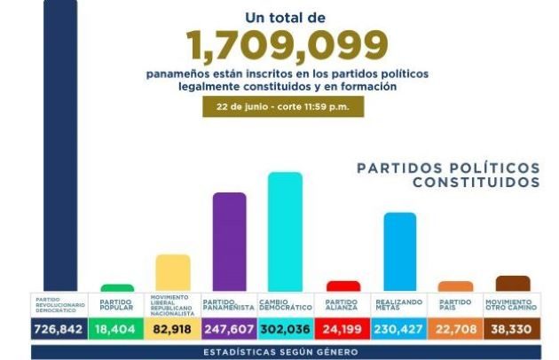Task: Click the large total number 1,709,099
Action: (x=287, y=44)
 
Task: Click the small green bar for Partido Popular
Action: (x=117, y=287)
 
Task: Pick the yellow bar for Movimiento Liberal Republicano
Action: (x=173, y=272)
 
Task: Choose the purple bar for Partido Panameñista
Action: (x=230, y=241)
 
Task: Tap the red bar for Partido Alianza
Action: (x=343, y=286)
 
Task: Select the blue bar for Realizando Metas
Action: (x=399, y=251)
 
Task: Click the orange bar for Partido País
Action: (x=456, y=286)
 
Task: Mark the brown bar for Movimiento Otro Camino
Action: (x=512, y=283)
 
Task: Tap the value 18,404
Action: (x=117, y=329)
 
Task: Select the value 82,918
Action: (x=173, y=329)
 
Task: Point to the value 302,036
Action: (x=286, y=329)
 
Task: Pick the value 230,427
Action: (x=399, y=329)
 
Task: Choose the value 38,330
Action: (x=512, y=329)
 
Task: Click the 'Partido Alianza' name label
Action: (x=342, y=304)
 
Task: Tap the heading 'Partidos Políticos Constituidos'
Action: (x=447, y=175)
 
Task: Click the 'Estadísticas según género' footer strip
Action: (x=286, y=352)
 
